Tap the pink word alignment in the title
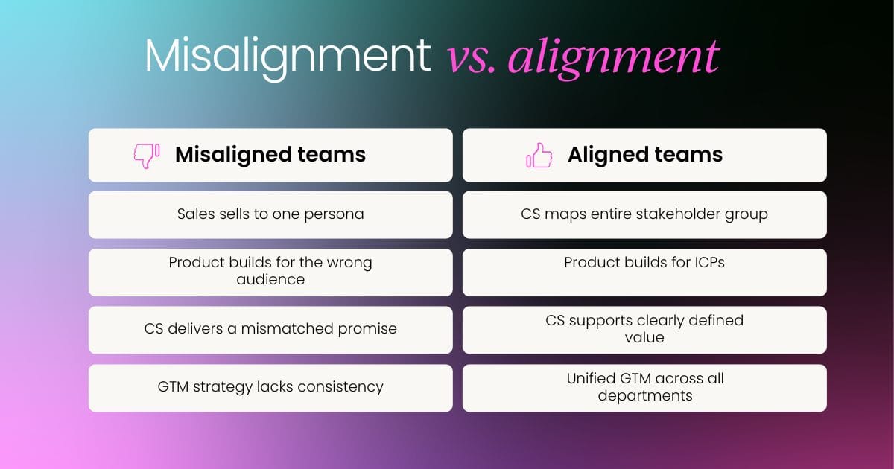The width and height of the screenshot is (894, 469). [613, 56]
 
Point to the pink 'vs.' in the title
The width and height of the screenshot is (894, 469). [472, 57]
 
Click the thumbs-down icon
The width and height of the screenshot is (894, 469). [146, 155]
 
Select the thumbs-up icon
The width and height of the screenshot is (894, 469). [539, 155]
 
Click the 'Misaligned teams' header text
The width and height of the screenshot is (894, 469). [270, 155]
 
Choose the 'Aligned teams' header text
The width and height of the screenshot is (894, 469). [645, 155]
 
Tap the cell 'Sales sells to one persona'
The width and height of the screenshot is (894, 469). [270, 214]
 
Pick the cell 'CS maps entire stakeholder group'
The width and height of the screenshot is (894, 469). [644, 214]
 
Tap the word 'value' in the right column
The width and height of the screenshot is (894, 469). [644, 338]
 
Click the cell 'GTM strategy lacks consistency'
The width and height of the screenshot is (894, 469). [270, 387]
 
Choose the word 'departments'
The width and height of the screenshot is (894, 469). [644, 396]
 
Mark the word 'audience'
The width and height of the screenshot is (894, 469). [270, 280]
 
